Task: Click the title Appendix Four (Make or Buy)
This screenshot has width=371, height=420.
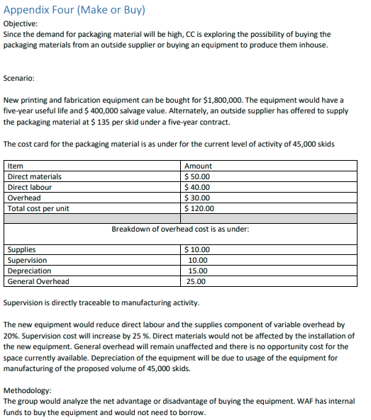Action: pos(74,10)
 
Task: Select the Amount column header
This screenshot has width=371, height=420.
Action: pos(198,166)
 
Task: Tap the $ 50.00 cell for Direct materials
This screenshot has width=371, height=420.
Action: pos(197,176)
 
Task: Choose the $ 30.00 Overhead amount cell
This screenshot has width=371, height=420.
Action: pos(197,198)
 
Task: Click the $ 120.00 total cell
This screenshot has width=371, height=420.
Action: pos(199,208)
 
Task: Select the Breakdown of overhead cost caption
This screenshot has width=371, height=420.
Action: pos(180,229)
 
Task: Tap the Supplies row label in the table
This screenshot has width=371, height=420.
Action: pos(21,249)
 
